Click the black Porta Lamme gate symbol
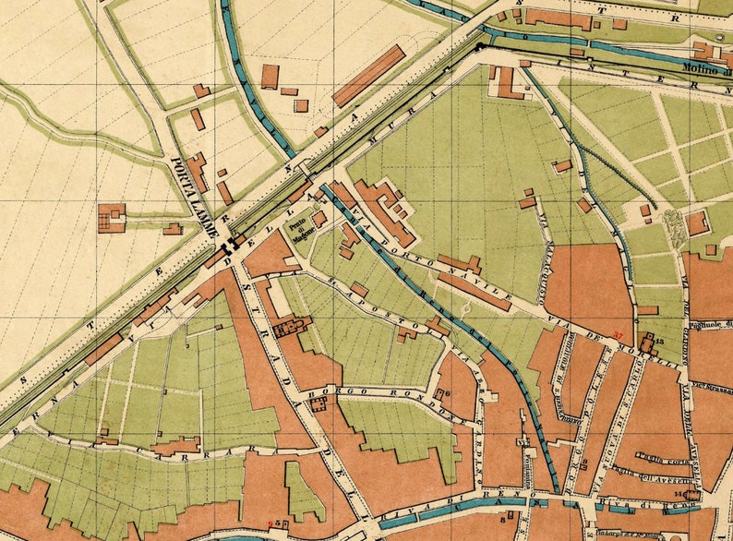(230, 243)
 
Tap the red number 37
(618, 334)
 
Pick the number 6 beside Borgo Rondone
(448, 393)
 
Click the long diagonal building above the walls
(368, 76)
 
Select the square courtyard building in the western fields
(112, 218)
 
